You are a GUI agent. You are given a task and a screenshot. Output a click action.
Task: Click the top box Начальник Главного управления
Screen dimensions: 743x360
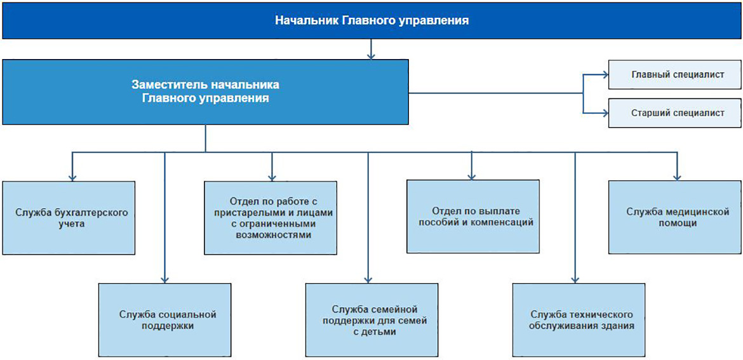click(371, 20)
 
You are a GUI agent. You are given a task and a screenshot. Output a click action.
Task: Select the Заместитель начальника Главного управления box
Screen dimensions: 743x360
click(206, 92)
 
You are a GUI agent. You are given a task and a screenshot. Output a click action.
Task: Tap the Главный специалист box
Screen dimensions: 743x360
click(675, 74)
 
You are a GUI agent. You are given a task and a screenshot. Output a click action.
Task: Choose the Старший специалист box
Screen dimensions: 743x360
click(675, 113)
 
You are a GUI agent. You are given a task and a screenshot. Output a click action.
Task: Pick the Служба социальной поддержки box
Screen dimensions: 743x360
click(165, 320)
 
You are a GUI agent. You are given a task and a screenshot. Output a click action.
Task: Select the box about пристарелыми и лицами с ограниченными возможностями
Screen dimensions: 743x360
click(271, 217)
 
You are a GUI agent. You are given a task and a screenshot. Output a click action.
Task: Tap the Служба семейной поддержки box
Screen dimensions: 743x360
click(372, 320)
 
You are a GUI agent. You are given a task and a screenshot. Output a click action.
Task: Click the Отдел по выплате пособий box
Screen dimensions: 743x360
click(473, 216)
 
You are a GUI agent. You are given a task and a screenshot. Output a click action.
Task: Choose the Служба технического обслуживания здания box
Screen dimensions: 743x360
click(579, 320)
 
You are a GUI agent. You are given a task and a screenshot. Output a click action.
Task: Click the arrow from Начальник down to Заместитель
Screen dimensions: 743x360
click(371, 48)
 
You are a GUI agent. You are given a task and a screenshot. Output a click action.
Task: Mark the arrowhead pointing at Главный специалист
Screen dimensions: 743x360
click(605, 74)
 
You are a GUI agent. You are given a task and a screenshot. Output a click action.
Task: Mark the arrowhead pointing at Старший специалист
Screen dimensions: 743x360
click(605, 113)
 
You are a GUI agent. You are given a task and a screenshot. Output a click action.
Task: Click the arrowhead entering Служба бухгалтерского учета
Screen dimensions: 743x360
click(72, 177)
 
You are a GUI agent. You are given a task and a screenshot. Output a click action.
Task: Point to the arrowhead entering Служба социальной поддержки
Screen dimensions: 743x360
click(165, 279)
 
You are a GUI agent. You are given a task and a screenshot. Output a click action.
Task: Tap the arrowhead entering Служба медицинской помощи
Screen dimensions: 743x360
click(678, 177)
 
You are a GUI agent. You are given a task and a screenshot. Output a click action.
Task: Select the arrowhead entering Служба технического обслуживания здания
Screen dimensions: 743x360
click(575, 279)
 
